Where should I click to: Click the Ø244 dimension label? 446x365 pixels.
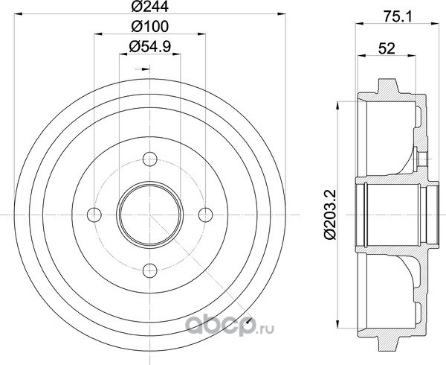coord(150,6)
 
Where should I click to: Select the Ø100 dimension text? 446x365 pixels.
coord(150,27)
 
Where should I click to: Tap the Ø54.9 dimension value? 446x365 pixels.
coord(150,46)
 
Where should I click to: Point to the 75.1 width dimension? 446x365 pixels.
coord(398,17)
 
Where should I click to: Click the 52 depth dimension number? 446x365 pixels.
coord(387,48)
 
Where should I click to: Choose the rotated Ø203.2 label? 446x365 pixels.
coord(330,215)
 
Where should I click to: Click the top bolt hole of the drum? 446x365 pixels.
coord(150,159)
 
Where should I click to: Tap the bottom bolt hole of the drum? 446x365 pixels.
coord(150,270)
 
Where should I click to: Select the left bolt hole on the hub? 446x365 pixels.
coord(94,215)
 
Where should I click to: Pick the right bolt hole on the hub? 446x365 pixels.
coord(205,215)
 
